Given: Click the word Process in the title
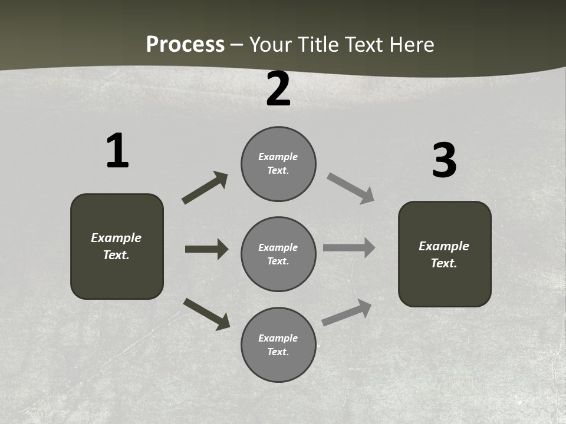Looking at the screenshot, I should click(x=185, y=45).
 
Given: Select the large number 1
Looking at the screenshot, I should click(x=117, y=151).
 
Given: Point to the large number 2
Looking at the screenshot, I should click(x=278, y=90).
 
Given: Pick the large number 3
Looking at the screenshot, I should click(x=444, y=160).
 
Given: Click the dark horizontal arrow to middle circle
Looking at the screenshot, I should click(x=206, y=249).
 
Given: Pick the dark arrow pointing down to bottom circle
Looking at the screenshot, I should click(x=206, y=313).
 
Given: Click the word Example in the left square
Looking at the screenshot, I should click(x=116, y=238).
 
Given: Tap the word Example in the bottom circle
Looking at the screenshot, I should click(x=278, y=338).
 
